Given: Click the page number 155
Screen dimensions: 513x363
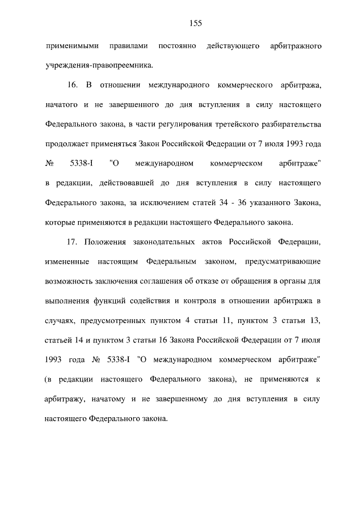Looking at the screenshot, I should (x=196, y=23).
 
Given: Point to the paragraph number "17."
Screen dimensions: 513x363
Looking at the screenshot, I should (x=72, y=243).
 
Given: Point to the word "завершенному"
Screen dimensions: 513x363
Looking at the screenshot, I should (x=186, y=400).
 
